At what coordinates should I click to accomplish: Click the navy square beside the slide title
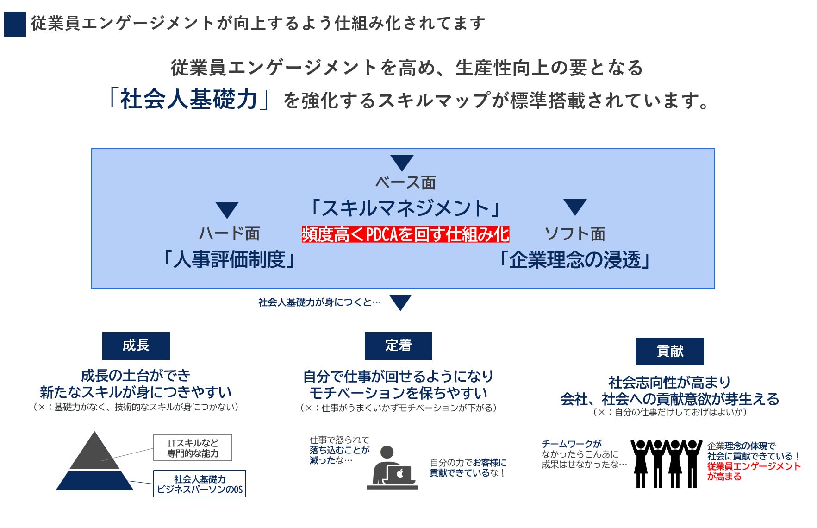click(15, 24)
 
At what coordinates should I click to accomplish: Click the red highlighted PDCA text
click(405, 235)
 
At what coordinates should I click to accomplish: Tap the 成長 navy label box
click(136, 346)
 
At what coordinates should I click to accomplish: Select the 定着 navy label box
click(398, 346)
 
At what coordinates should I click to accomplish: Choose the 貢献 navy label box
click(669, 351)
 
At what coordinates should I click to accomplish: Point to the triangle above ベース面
click(401, 163)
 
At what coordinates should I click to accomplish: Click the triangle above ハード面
click(227, 209)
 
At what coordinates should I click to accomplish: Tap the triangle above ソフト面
click(575, 207)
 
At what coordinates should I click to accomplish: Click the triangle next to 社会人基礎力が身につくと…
click(400, 302)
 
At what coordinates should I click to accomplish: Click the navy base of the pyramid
click(95, 481)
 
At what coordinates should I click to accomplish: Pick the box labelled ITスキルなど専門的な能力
click(193, 448)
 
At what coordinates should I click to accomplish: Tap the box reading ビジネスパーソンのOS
click(200, 484)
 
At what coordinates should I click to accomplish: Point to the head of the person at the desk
click(387, 452)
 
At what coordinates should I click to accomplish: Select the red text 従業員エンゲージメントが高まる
click(753, 471)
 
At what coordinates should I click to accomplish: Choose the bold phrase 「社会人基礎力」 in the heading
click(188, 99)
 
